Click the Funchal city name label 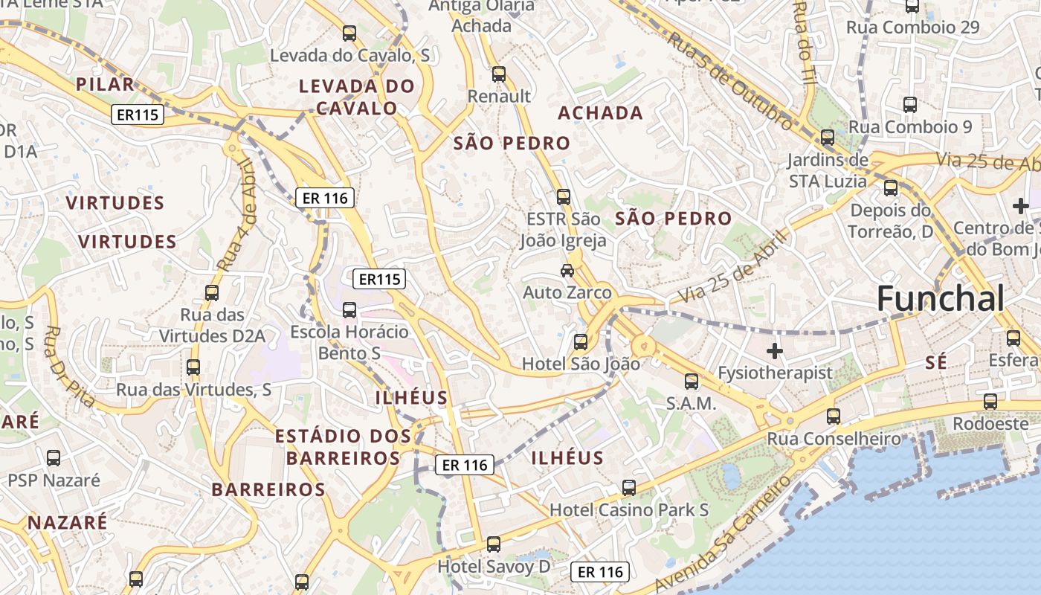click(x=940, y=299)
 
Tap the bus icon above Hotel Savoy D click(x=494, y=544)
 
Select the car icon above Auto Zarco click(x=567, y=271)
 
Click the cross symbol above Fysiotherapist click(x=775, y=350)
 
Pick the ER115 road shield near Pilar click(x=138, y=115)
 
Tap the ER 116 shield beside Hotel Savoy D click(x=600, y=572)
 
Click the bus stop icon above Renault click(x=499, y=74)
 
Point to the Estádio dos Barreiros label click(x=343, y=446)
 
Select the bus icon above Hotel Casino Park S click(x=629, y=489)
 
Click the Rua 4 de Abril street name click(x=237, y=216)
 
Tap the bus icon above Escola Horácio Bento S click(x=349, y=310)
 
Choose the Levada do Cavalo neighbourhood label click(x=357, y=97)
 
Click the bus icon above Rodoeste click(x=990, y=402)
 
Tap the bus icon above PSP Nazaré click(x=54, y=458)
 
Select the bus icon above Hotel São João click(x=581, y=342)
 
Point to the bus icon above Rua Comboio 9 click(x=910, y=105)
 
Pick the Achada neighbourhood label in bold click(x=600, y=113)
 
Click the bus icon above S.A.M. click(x=692, y=382)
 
